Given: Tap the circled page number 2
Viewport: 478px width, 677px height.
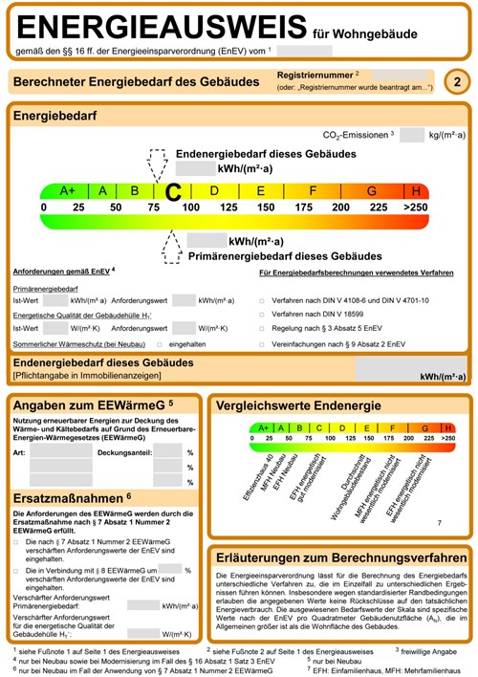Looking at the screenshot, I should pyautogui.click(x=458, y=83).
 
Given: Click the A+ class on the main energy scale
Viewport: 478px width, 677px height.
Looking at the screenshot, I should pyautogui.click(x=67, y=190).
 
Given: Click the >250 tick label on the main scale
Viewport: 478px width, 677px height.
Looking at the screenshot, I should pyautogui.click(x=416, y=207).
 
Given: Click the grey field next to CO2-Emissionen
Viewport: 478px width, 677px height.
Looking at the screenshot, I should pyautogui.click(x=411, y=135).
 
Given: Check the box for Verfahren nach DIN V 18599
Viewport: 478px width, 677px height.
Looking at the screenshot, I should pyautogui.click(x=262, y=313).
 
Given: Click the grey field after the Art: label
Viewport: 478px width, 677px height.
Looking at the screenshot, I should pyautogui.click(x=60, y=451).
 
